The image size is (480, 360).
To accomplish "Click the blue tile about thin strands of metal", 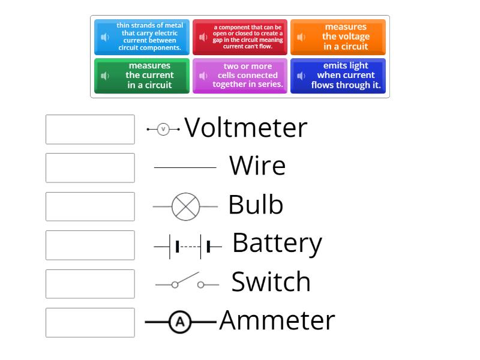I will tap(142, 37).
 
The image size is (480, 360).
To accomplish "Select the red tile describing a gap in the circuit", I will tap(240, 37).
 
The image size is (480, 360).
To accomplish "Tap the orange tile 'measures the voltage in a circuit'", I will tap(338, 37).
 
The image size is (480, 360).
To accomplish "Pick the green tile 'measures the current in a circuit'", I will tap(142, 76).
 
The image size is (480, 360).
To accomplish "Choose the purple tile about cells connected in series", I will tap(240, 76).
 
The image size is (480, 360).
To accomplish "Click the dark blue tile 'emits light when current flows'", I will tap(338, 76).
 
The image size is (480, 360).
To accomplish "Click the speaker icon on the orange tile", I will tap(301, 37).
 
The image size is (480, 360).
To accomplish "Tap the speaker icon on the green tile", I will tap(105, 76).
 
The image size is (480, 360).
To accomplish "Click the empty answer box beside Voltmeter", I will tap(90, 130).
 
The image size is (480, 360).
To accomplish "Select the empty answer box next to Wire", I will tap(90, 168).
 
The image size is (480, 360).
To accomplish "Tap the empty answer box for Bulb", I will tap(90, 206).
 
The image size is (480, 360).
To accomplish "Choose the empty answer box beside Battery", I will tap(90, 245).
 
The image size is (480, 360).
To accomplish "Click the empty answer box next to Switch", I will tap(90, 284).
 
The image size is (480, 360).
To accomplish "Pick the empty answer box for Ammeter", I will tap(90, 322).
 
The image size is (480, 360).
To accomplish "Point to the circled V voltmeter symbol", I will tap(163, 129).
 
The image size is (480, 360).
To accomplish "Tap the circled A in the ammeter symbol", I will tap(179, 323).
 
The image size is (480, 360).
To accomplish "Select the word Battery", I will tap(277, 243).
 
